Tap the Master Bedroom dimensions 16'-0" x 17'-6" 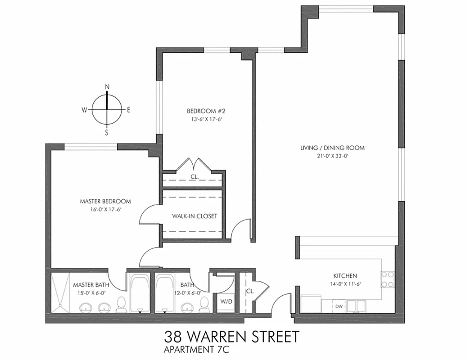tap(105, 209)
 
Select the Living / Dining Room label tap(332, 148)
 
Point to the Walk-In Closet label tap(195, 216)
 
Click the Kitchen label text tap(345, 276)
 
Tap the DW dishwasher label tap(339, 306)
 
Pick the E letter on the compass tap(128, 110)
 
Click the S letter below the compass tap(107, 133)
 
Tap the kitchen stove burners tap(387, 279)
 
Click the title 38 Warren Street tap(231, 337)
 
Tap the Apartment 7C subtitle tap(194, 349)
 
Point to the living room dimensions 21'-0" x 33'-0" tap(332, 156)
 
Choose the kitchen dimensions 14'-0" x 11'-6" tap(345, 284)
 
